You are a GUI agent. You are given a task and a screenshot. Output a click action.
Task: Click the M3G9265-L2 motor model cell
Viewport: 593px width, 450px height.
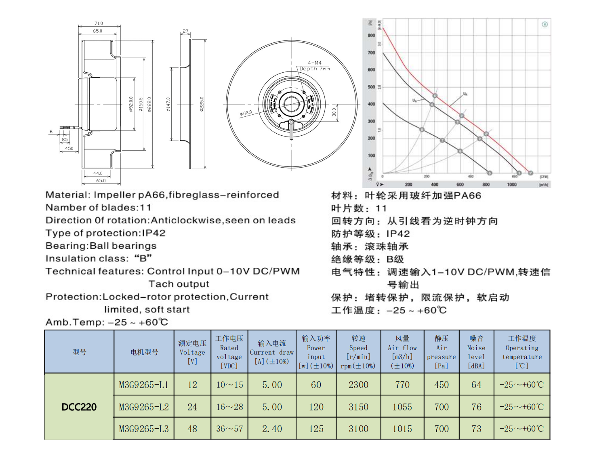[x=144, y=407]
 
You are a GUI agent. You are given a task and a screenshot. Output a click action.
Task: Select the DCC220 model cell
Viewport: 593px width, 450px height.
[x=79, y=407]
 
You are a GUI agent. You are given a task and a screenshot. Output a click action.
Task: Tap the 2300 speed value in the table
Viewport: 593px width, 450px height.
[x=358, y=385]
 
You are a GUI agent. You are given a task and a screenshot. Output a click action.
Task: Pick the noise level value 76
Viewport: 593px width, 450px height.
[x=476, y=407]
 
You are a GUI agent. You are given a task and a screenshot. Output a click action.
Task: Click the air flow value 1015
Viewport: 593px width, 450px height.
[x=402, y=429]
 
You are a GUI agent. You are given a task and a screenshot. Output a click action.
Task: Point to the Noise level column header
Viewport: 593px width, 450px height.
[x=476, y=352]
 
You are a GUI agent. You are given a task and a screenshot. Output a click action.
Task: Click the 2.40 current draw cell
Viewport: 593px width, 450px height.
[x=272, y=429]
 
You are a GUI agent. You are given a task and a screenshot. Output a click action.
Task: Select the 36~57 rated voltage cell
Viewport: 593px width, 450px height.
[x=229, y=429]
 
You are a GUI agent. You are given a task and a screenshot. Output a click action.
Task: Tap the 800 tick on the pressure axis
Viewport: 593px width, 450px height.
[x=371, y=36]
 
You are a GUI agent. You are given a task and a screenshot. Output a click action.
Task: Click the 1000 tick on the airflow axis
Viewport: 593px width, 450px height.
[x=511, y=185]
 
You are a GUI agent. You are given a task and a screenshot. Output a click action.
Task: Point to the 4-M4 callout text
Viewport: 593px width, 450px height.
[x=315, y=63]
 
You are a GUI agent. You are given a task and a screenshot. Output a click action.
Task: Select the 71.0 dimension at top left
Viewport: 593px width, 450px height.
[x=99, y=23]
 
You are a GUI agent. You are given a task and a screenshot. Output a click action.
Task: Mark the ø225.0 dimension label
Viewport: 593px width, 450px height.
[x=202, y=104]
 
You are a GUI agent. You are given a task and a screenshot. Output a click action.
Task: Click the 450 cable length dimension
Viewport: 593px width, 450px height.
[x=69, y=148]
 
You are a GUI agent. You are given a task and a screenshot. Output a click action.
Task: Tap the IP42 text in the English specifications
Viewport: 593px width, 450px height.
[x=154, y=233]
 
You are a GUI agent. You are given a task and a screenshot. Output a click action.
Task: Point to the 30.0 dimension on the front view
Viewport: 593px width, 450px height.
[x=334, y=112]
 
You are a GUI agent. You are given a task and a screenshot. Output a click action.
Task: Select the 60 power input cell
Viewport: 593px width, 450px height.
[x=316, y=385]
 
